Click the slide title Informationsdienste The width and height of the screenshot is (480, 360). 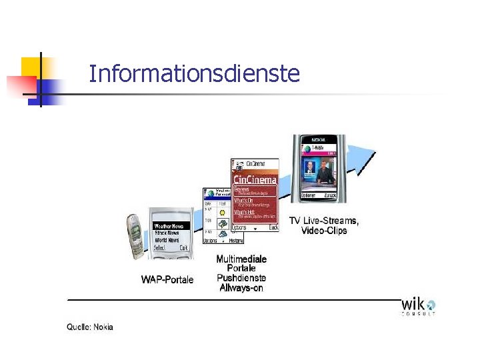click(x=194, y=73)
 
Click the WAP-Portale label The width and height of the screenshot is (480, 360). click(x=167, y=279)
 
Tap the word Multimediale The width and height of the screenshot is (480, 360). click(x=241, y=259)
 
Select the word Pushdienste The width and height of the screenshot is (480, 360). click(x=241, y=278)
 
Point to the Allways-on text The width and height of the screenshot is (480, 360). click(x=241, y=288)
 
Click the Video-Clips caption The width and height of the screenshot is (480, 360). click(x=324, y=231)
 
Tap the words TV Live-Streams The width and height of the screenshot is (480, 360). click(x=324, y=221)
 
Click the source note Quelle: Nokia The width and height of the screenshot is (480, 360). click(x=90, y=327)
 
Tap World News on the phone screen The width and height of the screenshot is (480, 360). click(x=167, y=240)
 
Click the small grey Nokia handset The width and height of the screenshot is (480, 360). click(x=136, y=237)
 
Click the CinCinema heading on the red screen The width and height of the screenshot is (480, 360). click(x=254, y=179)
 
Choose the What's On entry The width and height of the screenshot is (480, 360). click(x=243, y=200)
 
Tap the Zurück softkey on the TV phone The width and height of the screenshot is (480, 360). click(x=329, y=195)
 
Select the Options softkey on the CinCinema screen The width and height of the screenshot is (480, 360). click(x=239, y=227)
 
